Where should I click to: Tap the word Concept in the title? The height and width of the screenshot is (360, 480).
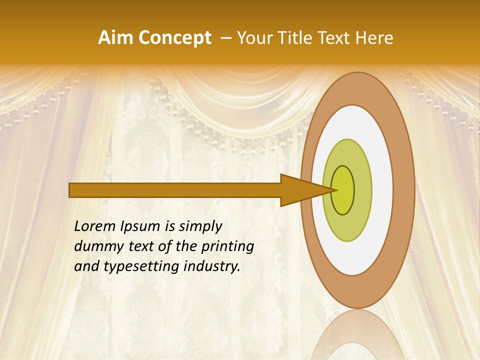click(175, 38)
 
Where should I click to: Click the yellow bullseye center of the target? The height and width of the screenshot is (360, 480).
click(343, 190)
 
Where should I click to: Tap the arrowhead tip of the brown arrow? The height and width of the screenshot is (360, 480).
click(334, 190)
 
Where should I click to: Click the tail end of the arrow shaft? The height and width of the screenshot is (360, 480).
click(70, 190)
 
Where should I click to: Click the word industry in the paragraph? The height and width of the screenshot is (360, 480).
click(212, 266)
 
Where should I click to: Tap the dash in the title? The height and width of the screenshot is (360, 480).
click(226, 38)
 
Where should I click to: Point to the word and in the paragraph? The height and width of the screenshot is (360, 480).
click(86, 266)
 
